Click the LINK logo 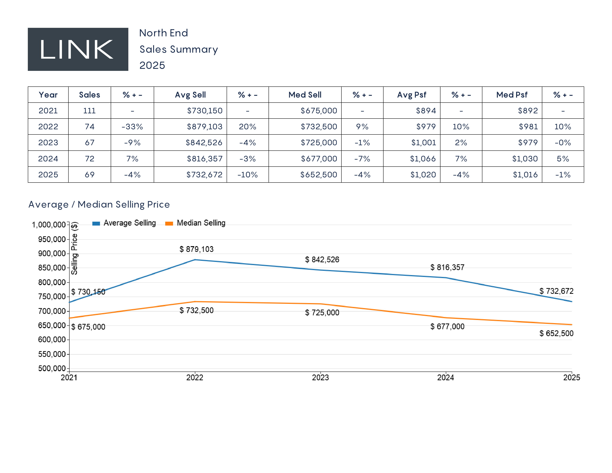pos(78,49)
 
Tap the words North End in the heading pos(163,33)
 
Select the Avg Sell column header pos(190,95)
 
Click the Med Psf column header pos(512,95)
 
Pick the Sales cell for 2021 pos(89,111)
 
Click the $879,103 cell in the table pos(205,127)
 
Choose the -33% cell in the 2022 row pos(132,127)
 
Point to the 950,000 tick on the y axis pos(52,239)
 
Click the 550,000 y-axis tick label pos(52,354)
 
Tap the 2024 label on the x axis pos(445,378)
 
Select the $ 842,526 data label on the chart pos(322,260)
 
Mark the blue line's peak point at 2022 pos(195,260)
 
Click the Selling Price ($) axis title pos(74,248)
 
